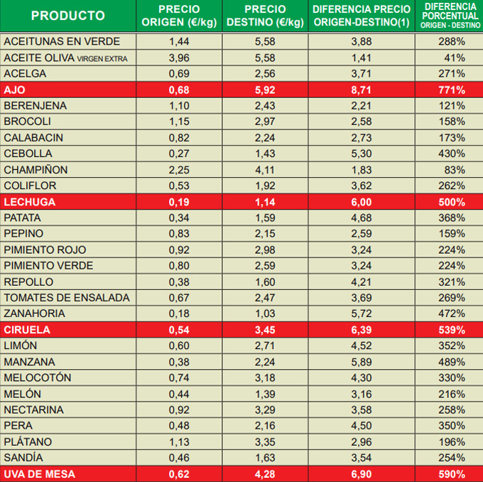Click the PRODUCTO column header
(x=68, y=16)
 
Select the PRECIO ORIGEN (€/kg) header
(x=179, y=16)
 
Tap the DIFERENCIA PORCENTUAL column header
(x=451, y=16)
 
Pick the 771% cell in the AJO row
(x=451, y=90)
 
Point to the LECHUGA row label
(x=29, y=202)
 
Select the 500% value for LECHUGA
(x=451, y=202)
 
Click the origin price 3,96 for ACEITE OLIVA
(x=179, y=58)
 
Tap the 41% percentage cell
(x=454, y=58)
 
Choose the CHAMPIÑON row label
(x=36, y=170)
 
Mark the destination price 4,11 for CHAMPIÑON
(x=265, y=170)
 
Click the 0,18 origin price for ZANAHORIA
(x=179, y=314)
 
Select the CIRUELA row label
(x=28, y=331)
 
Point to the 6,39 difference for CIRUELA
(x=362, y=331)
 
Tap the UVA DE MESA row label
(x=38, y=474)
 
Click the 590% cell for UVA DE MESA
(x=451, y=474)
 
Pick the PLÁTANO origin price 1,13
(x=179, y=442)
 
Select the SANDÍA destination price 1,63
(x=265, y=458)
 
